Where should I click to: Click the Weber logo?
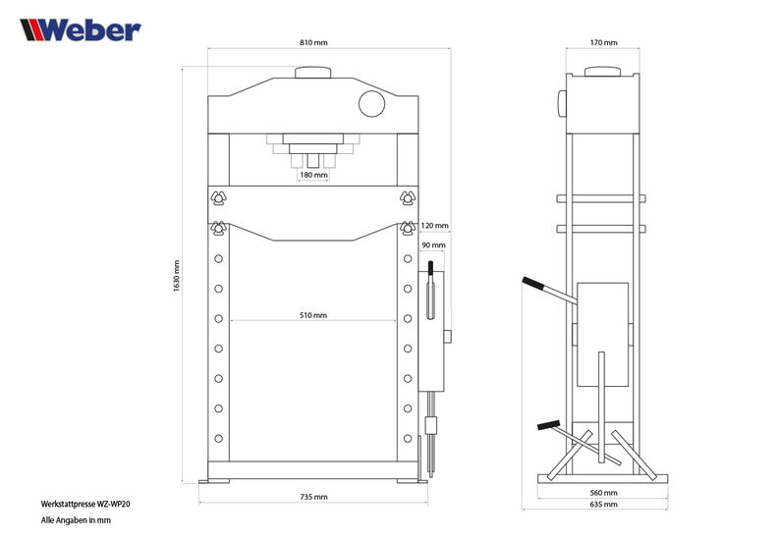coord(81,29)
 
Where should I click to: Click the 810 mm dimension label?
coord(313,42)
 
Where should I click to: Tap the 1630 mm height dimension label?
coord(177,276)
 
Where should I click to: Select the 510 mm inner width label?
coord(313,315)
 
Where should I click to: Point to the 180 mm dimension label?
coord(313,175)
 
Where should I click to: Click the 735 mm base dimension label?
coord(313,497)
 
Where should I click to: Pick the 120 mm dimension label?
coord(434,226)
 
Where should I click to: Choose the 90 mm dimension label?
coord(433,245)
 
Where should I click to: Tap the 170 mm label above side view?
coord(603,42)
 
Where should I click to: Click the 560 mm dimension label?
coord(603,493)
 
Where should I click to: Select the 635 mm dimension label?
coord(603,505)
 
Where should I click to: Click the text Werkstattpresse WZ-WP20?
coord(85,505)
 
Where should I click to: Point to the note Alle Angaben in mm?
coord(76,520)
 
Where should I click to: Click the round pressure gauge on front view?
coord(371,104)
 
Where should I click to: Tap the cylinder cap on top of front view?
coord(313,73)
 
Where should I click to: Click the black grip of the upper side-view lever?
coord(533,284)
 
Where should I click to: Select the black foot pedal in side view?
coord(548,425)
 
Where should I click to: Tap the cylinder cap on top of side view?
coord(602,72)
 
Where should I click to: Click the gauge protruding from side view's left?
coord(562,103)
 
